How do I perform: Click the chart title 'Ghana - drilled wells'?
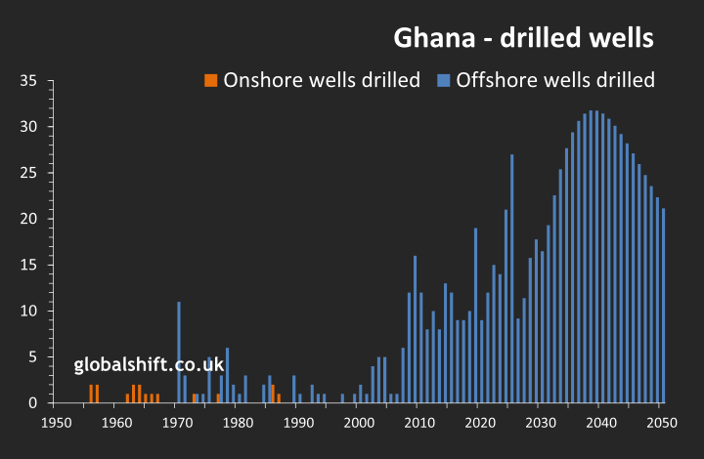pyautogui.click(x=523, y=38)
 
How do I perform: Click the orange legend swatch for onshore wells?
pyautogui.click(x=210, y=80)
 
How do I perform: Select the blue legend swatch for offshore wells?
pyautogui.click(x=443, y=80)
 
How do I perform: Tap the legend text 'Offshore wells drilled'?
pyautogui.click(x=555, y=80)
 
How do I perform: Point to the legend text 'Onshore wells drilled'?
pyautogui.click(x=322, y=80)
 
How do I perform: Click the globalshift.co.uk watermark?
pyautogui.click(x=150, y=365)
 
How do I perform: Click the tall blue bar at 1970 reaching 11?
pyautogui.click(x=179, y=352)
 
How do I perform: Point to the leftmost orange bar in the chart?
pyautogui.click(x=91, y=394)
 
